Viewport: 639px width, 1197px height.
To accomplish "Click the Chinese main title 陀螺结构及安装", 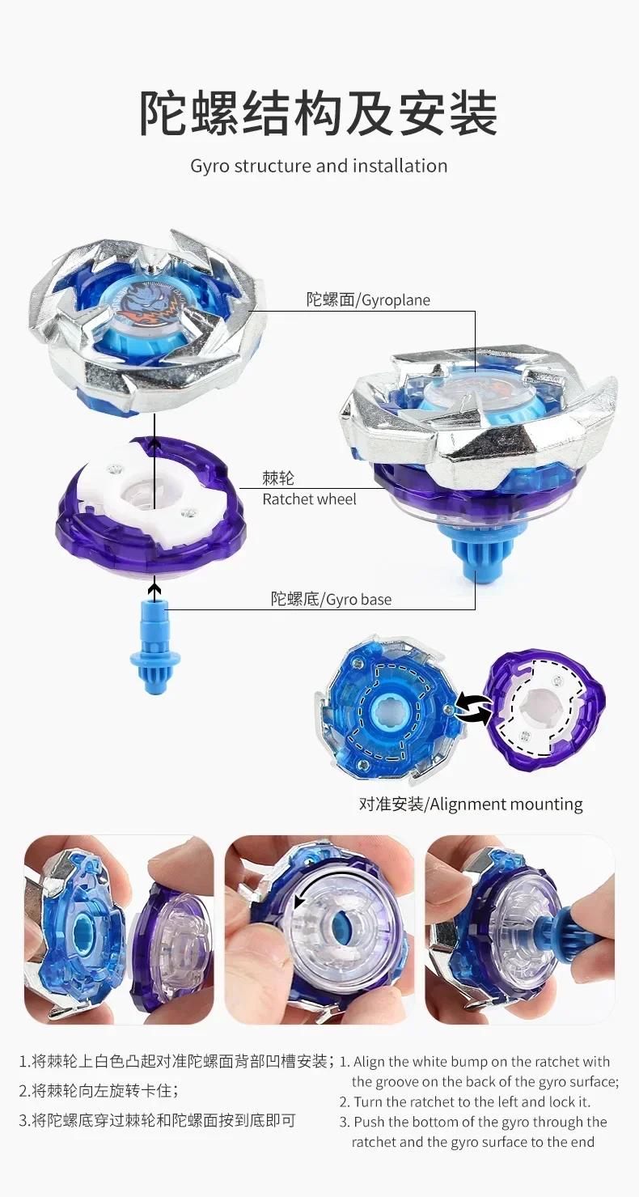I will pyautogui.click(x=319, y=112).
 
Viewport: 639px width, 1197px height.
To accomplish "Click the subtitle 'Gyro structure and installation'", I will pyautogui.click(x=319, y=166).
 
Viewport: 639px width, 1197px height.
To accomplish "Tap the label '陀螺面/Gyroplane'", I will pyautogui.click(x=368, y=300).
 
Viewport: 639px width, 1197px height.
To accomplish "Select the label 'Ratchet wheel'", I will pyautogui.click(x=309, y=499).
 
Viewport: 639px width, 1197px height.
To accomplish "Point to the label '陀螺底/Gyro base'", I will pyautogui.click(x=331, y=600).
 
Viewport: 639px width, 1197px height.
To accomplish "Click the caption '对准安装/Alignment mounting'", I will pyautogui.click(x=471, y=804).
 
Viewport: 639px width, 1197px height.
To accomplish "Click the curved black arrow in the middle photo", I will pyautogui.click(x=303, y=898).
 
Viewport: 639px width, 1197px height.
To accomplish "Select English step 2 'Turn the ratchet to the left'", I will pyautogui.click(x=465, y=1101).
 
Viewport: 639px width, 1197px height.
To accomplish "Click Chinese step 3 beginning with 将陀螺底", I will pyautogui.click(x=158, y=1120).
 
